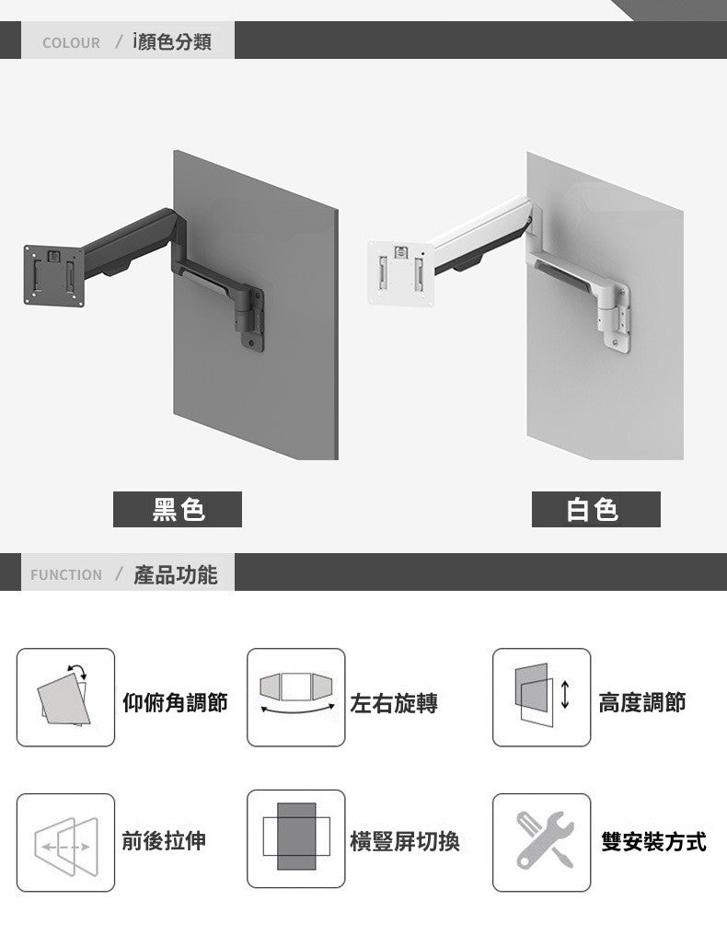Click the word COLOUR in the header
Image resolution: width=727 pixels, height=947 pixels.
[x=71, y=42]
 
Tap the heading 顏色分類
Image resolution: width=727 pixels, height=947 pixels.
[x=175, y=41]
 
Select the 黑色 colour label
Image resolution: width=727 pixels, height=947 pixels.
[x=178, y=509]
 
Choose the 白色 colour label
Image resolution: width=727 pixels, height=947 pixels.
[x=595, y=509]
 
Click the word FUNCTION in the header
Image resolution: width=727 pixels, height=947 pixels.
[x=66, y=574]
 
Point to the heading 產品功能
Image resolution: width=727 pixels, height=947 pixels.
[x=176, y=574]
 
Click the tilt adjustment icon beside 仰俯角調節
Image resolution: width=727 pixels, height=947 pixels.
[x=65, y=697]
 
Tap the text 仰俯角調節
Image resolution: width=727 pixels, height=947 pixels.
[x=175, y=703]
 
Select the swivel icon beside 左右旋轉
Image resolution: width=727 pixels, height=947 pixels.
[x=295, y=697]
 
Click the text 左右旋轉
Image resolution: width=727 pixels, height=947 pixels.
[x=394, y=703]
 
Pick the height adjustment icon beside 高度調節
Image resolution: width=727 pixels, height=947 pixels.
[x=541, y=697]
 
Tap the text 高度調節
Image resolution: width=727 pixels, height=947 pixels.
[x=641, y=703]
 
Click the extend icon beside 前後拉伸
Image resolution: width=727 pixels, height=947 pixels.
[x=65, y=842]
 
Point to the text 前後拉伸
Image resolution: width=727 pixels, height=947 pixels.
[x=164, y=839]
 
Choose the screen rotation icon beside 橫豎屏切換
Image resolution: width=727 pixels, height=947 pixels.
[x=295, y=838]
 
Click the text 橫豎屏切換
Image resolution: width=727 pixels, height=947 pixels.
[x=405, y=840]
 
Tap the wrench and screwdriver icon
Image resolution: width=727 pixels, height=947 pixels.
[x=541, y=842]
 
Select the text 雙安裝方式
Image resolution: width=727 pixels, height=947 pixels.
[x=653, y=840]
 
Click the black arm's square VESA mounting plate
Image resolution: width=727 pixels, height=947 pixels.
[x=53, y=275]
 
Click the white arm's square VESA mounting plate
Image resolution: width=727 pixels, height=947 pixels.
[x=400, y=271]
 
